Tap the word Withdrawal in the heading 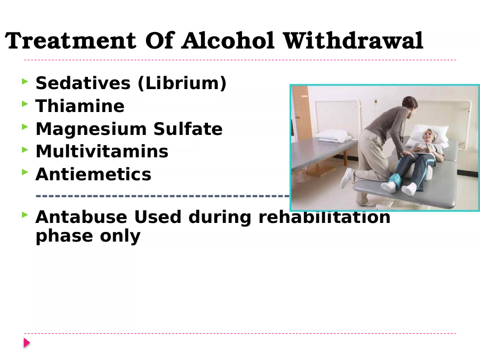(x=353, y=41)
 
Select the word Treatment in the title (x=70, y=41)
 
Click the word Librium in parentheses (x=182, y=83)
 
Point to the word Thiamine (x=80, y=106)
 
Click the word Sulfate (x=188, y=129)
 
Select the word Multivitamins (x=102, y=151)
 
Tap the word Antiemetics (x=93, y=174)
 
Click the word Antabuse (x=82, y=217)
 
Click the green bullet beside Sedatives (x=25, y=82)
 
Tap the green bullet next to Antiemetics (x=25, y=172)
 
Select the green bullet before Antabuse (x=25, y=215)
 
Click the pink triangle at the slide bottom (x=27, y=343)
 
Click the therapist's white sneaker (x=347, y=178)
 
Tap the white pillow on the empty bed (x=332, y=135)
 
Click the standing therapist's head (x=410, y=105)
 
